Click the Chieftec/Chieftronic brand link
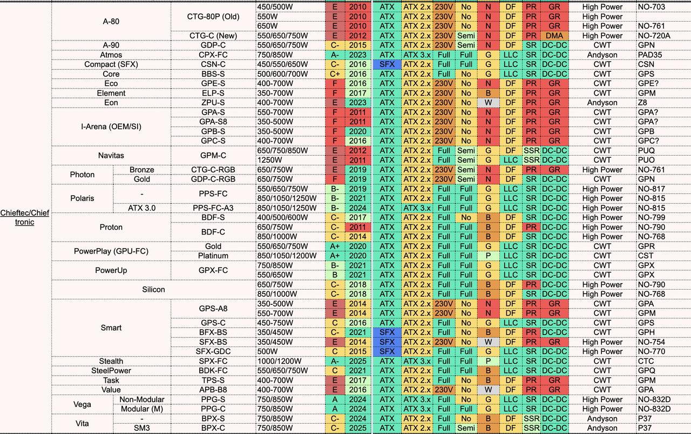[25, 217]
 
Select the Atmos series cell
[111, 55]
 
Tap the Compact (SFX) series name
[111, 64]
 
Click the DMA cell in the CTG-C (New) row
[554, 36]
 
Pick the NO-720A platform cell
[654, 36]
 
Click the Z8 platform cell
[642, 103]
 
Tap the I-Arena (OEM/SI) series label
[111, 126]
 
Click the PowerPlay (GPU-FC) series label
[111, 251]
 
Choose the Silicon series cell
[154, 290]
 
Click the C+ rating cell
[335, 74]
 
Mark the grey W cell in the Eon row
[488, 103]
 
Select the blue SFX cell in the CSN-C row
[387, 64]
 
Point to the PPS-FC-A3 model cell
[213, 208]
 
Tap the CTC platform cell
[646, 361]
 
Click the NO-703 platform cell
[652, 7]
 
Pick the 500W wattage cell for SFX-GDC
[267, 351]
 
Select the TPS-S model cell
[213, 380]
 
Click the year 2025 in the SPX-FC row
[357, 361]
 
